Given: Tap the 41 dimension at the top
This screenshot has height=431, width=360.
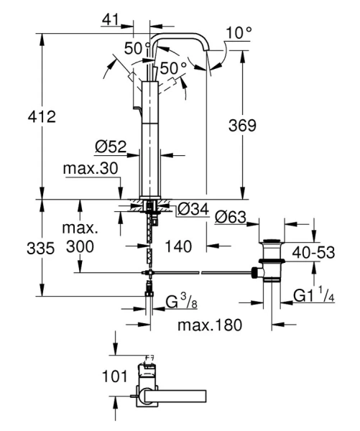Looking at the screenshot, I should tap(110, 21).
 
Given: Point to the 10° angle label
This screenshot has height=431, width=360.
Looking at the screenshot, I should tap(239, 32).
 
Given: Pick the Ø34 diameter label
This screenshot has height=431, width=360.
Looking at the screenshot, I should tap(193, 210).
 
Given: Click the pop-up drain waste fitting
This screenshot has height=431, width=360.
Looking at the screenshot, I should tap(272, 261).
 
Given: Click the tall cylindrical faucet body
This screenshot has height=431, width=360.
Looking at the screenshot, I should tap(151, 136).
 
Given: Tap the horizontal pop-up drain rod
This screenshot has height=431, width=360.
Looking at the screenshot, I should tap(201, 273).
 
